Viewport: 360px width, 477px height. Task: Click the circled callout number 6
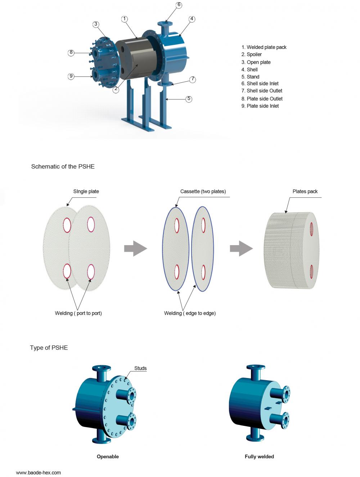coord(179,5)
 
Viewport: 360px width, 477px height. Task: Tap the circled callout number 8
coord(71,53)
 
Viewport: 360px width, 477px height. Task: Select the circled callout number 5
coord(189,99)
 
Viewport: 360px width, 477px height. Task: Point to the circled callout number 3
coord(95,24)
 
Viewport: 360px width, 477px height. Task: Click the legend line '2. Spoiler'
coord(252,54)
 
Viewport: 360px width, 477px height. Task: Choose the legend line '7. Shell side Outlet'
coord(262,91)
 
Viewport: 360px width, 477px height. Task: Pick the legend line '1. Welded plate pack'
coord(264,47)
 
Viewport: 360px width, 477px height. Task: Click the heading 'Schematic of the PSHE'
coord(63,166)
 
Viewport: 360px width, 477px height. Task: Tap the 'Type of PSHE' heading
coord(49,347)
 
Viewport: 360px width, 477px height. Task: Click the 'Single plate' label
coord(86,191)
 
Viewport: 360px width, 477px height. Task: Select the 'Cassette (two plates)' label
coord(203,191)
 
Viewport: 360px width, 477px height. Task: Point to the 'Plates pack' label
coord(305,191)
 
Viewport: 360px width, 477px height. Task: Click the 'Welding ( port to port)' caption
coord(78,313)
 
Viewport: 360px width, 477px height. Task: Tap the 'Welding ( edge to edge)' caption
coord(190,313)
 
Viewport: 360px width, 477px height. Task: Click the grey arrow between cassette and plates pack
coord(241,248)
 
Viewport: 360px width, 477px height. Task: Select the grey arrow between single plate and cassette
coord(135,248)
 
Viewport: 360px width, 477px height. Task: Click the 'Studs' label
coord(140,368)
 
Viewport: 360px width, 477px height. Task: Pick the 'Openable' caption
coord(108,456)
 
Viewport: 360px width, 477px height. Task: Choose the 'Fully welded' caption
coord(259,456)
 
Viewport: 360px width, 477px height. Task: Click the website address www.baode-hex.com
coord(39,472)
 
